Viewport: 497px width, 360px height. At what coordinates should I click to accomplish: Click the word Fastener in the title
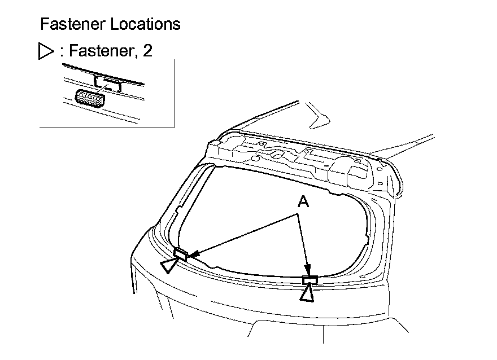(x=72, y=24)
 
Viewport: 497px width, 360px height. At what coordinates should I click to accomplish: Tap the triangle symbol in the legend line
(x=45, y=52)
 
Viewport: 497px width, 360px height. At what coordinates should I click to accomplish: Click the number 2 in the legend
(x=147, y=52)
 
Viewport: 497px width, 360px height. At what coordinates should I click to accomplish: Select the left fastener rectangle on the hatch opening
(x=180, y=253)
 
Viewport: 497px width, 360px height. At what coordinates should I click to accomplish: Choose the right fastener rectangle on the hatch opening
(x=310, y=280)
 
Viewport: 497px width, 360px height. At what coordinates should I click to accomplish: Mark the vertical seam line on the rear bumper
(x=322, y=333)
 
